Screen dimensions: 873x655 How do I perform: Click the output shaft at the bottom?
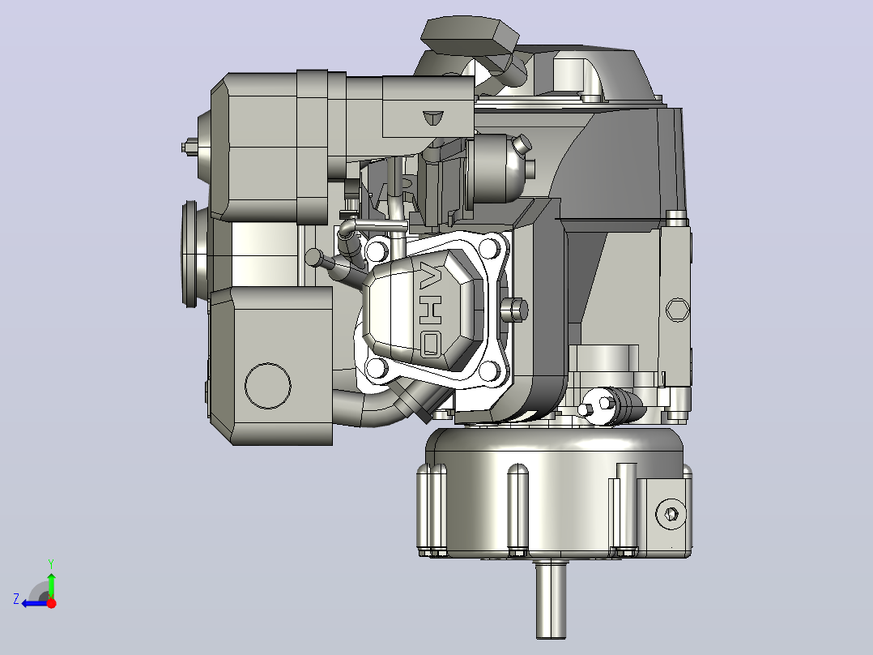(551, 599)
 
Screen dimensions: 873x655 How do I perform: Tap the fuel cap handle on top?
(469, 36)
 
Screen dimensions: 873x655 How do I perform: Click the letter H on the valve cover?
(430, 310)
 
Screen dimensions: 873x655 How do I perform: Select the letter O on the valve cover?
(430, 344)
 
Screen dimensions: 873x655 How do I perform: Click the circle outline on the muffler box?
(268, 385)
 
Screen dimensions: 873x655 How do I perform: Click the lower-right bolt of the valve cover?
(489, 369)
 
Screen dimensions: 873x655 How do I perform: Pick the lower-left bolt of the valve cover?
(377, 368)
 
